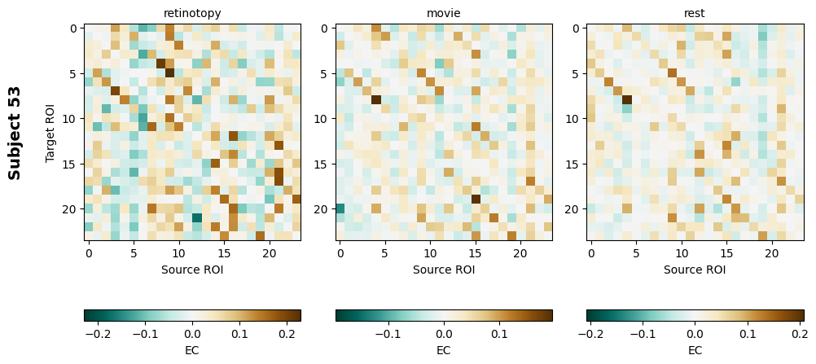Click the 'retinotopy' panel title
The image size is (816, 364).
click(192, 13)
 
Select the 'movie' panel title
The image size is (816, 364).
click(444, 13)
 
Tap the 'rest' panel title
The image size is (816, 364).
click(695, 13)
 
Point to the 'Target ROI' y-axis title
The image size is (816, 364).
click(50, 132)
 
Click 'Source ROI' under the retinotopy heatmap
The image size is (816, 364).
click(192, 270)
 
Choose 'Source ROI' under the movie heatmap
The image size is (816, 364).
click(444, 270)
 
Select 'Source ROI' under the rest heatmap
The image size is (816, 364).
click(695, 270)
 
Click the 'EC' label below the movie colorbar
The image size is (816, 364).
click(444, 351)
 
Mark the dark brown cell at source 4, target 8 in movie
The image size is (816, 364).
click(376, 100)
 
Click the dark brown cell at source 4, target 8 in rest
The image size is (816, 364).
click(627, 100)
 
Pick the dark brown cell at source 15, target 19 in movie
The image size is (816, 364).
click(476, 200)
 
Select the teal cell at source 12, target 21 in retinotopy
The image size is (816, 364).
click(197, 217)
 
